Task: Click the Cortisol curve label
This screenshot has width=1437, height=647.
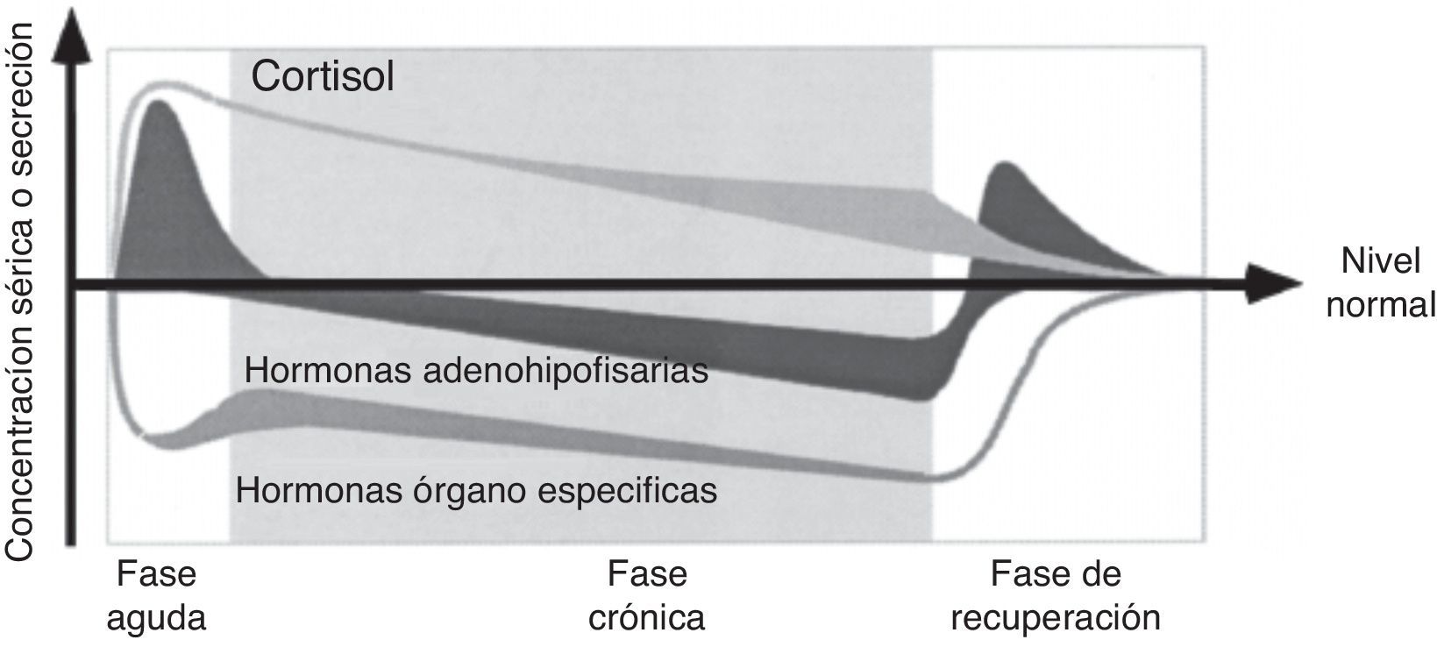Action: click(x=323, y=76)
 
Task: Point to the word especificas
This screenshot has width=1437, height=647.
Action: click(x=626, y=489)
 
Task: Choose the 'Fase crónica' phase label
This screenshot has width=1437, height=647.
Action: click(x=647, y=596)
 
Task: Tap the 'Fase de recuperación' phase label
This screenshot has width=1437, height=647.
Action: click(x=1056, y=596)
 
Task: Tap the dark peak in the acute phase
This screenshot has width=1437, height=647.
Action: click(x=160, y=123)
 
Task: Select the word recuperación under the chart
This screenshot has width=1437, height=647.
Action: click(x=1056, y=617)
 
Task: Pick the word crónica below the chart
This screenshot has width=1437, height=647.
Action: click(x=647, y=617)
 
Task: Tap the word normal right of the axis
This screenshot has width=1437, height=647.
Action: click(x=1380, y=305)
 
